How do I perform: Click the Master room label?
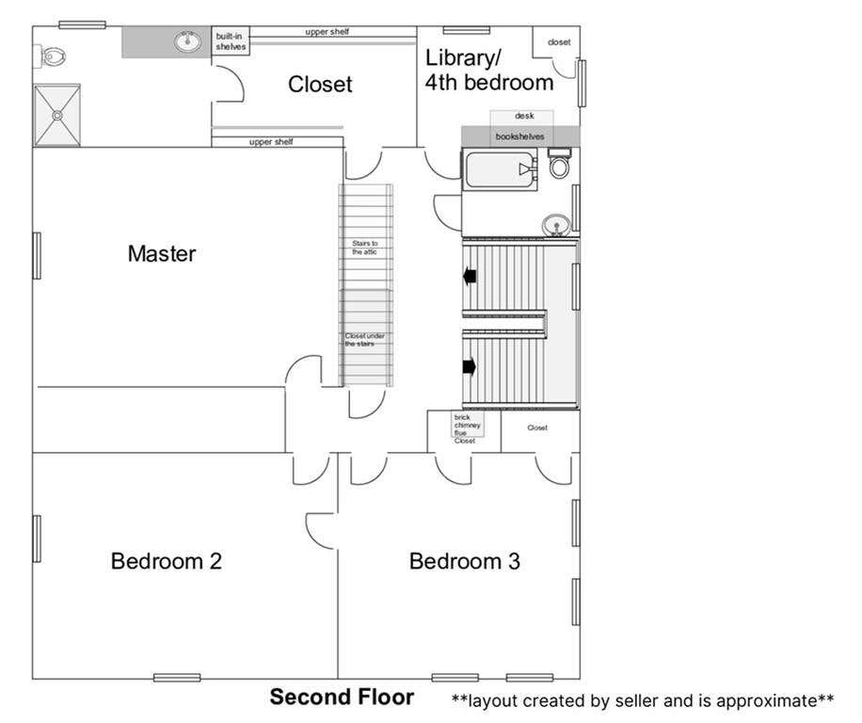tap(162, 253)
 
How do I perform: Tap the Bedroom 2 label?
tap(166, 561)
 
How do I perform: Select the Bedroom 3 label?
tap(465, 561)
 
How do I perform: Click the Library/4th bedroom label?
tap(488, 71)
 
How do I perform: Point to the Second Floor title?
tap(342, 697)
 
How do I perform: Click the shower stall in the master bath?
tap(57, 116)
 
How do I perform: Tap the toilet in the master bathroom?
tap(51, 56)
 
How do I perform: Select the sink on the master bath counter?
tap(187, 41)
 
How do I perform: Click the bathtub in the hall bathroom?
tap(501, 169)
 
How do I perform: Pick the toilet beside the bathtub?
tap(560, 163)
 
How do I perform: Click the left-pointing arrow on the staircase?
tap(470, 276)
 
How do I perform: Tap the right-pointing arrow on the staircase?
tap(470, 366)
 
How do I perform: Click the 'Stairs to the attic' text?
tap(364, 248)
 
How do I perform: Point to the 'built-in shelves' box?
tap(231, 40)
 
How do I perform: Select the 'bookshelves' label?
tap(519, 137)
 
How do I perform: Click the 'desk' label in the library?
tap(524, 116)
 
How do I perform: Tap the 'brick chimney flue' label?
tap(467, 425)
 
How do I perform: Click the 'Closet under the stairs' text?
tap(364, 340)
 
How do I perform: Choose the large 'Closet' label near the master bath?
tap(320, 84)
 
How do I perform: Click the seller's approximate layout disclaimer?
tap(643, 700)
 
